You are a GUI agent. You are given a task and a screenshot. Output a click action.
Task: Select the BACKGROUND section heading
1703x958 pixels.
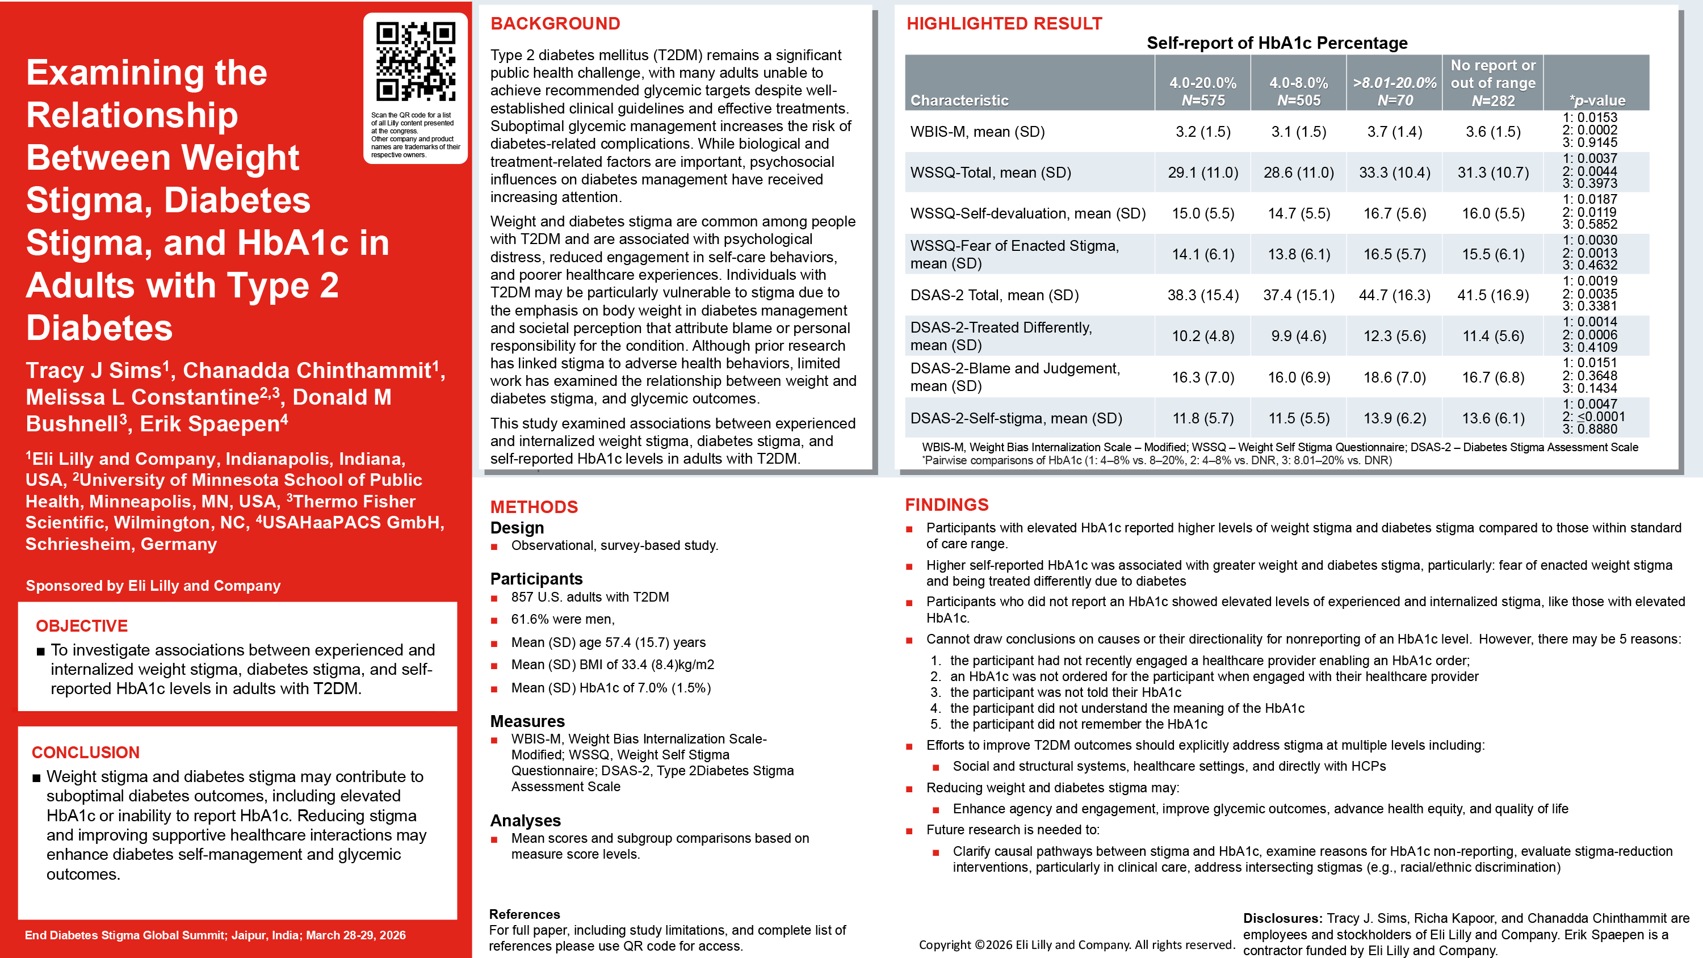pyautogui.click(x=555, y=24)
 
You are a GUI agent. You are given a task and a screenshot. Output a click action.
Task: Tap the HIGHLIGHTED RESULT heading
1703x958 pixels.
pyautogui.click(x=1004, y=24)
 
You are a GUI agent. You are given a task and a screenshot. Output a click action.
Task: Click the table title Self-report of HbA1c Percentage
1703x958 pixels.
pyautogui.click(x=1277, y=43)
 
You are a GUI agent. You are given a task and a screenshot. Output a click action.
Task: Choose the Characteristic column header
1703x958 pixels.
pyautogui.click(x=959, y=100)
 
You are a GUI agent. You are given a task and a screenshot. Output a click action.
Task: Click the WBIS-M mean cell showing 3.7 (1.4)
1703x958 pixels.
pyautogui.click(x=1394, y=132)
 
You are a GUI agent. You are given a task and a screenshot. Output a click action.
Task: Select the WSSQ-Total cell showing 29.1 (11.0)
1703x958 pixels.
pyautogui.click(x=1202, y=173)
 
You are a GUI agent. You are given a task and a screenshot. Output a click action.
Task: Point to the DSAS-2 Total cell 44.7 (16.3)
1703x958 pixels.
pyautogui.click(x=1394, y=295)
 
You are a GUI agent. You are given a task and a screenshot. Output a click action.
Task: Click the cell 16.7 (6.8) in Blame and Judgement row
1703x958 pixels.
pyautogui.click(x=1493, y=377)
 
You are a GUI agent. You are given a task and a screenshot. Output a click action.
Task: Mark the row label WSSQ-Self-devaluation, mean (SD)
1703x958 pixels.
pyautogui.click(x=1027, y=213)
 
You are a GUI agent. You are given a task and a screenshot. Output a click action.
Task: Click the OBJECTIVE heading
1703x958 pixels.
pyautogui.click(x=81, y=625)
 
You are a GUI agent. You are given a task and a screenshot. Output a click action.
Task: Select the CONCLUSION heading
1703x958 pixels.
pyautogui.click(x=85, y=753)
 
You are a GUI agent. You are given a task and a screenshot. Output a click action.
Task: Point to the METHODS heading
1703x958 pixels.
pyautogui.click(x=534, y=507)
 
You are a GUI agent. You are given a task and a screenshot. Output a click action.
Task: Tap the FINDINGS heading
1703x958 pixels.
pyautogui.click(x=946, y=505)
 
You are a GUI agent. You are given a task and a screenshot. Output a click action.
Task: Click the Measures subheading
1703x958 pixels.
pyautogui.click(x=527, y=721)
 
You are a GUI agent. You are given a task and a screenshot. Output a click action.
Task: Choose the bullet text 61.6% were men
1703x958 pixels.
pyautogui.click(x=562, y=619)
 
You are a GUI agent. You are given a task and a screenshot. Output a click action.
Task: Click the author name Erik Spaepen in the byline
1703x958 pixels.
pyautogui.click(x=209, y=424)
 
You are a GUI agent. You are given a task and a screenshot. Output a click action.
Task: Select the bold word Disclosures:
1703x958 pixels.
pyautogui.click(x=1282, y=918)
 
